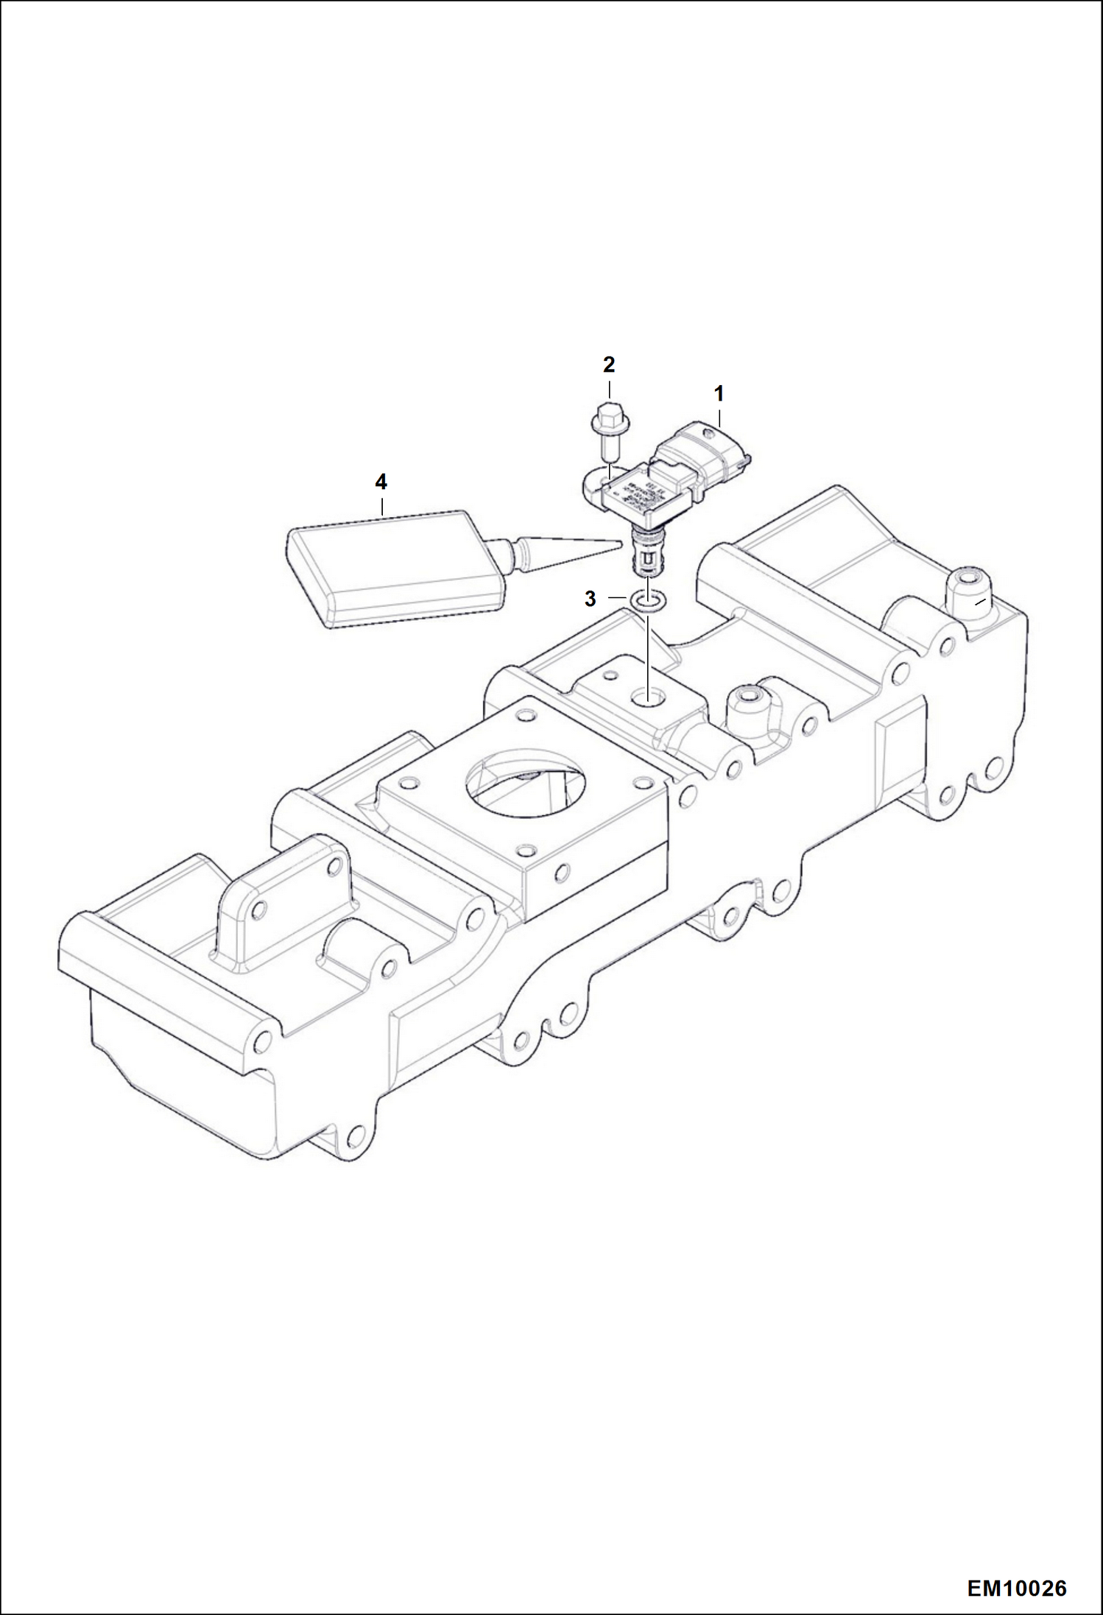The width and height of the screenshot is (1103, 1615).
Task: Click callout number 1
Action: pyautogui.click(x=719, y=394)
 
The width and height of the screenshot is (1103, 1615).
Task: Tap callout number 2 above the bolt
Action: pyautogui.click(x=609, y=365)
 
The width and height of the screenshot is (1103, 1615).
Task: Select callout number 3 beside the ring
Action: pyautogui.click(x=590, y=599)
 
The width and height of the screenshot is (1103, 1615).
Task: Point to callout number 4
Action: pyautogui.click(x=381, y=482)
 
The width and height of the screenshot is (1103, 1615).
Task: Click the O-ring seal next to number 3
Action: pyautogui.click(x=648, y=602)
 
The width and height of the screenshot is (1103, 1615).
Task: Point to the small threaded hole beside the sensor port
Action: pyautogui.click(x=610, y=675)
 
